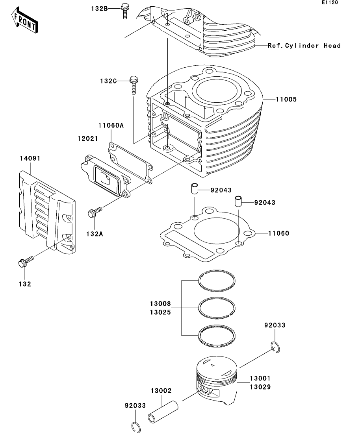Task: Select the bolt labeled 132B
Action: point(125,10)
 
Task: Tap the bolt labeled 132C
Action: point(133,84)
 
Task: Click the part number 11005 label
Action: point(286,100)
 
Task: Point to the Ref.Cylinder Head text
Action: point(304,46)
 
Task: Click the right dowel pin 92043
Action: point(238,201)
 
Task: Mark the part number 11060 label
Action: point(278,233)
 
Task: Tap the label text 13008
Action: point(160,304)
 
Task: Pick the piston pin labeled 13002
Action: point(163,411)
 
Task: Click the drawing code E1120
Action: point(330,2)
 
